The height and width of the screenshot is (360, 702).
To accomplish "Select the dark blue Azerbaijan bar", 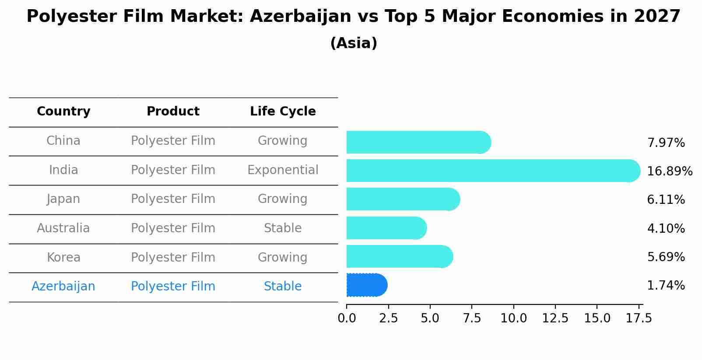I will tap(366, 285).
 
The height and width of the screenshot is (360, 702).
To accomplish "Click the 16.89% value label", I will tap(669, 171).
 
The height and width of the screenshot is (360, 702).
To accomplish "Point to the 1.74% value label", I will tap(666, 286).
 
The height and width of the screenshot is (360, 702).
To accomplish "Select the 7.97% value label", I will tap(666, 143).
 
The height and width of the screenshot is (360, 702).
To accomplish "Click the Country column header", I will tap(63, 112).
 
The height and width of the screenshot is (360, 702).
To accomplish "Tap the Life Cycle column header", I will tap(283, 112).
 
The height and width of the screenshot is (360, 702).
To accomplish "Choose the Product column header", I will tap(173, 112).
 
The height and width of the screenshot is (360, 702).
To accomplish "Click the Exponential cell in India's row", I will tap(283, 170).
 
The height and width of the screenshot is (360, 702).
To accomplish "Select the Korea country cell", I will tap(63, 257).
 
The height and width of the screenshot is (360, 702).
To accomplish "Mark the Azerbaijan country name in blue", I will tap(63, 287).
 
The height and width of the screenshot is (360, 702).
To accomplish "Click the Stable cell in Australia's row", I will tap(283, 228).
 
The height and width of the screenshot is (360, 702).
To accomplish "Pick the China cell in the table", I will tap(63, 141).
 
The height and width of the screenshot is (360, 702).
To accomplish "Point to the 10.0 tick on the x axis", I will tap(513, 318).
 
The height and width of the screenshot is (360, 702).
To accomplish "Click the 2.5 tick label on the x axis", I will tap(388, 318).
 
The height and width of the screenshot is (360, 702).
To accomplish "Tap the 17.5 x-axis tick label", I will tap(639, 318).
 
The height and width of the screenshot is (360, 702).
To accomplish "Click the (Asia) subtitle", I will tap(354, 43).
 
